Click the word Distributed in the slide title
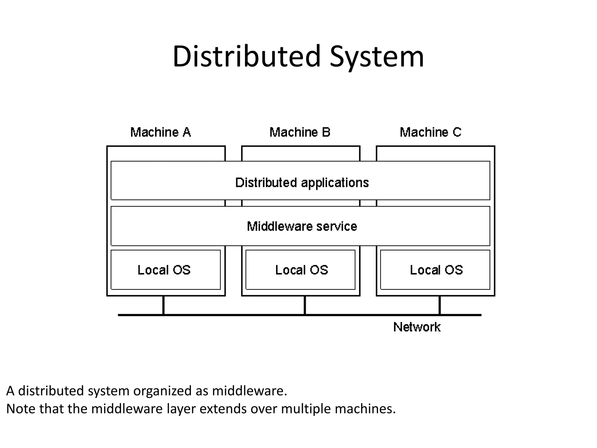246,56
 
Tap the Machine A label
160,132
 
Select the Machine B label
300,132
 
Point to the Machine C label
430,132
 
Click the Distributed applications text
302,183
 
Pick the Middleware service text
302,226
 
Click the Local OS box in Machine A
165,270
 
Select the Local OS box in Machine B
301,270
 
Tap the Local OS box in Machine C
435,270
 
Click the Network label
417,327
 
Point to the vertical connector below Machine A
163,305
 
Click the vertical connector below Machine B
305,305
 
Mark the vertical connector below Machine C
439,305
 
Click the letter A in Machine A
187,132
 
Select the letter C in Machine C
456,132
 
